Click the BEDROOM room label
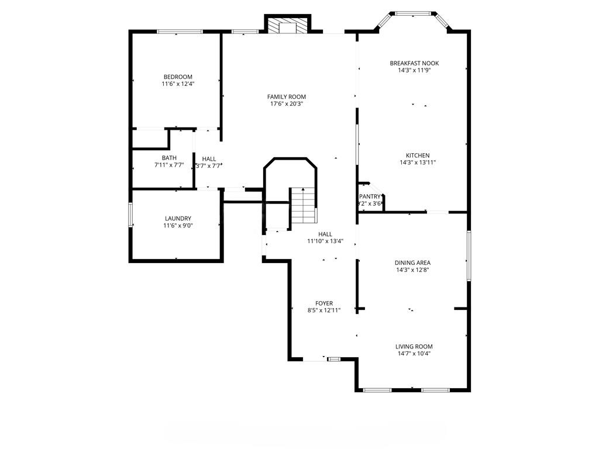pyautogui.click(x=178, y=77)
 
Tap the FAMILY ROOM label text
pyautogui.click(x=286, y=96)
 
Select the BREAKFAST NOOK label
pyautogui.click(x=414, y=63)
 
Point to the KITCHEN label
pyautogui.click(x=418, y=156)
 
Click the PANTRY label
pyautogui.click(x=370, y=196)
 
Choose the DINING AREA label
pyautogui.click(x=412, y=263)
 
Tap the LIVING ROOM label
pyautogui.click(x=415, y=346)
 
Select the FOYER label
pyautogui.click(x=324, y=303)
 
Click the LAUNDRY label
pyautogui.click(x=178, y=219)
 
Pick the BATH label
pyautogui.click(x=169, y=158)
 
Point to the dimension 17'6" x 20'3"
pyautogui.click(x=286, y=104)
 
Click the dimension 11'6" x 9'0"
pyautogui.click(x=178, y=226)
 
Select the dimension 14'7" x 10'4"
pyautogui.click(x=415, y=353)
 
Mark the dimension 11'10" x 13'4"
pyautogui.click(x=325, y=241)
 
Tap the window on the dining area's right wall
pyautogui.click(x=469, y=255)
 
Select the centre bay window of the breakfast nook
pyautogui.click(x=414, y=13)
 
